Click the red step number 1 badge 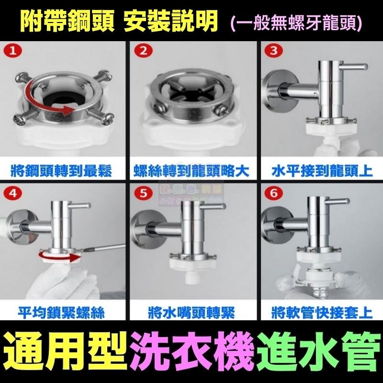click(13, 50)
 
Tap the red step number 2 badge click(142, 50)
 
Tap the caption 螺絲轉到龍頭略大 click(191, 170)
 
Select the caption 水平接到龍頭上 click(320, 170)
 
